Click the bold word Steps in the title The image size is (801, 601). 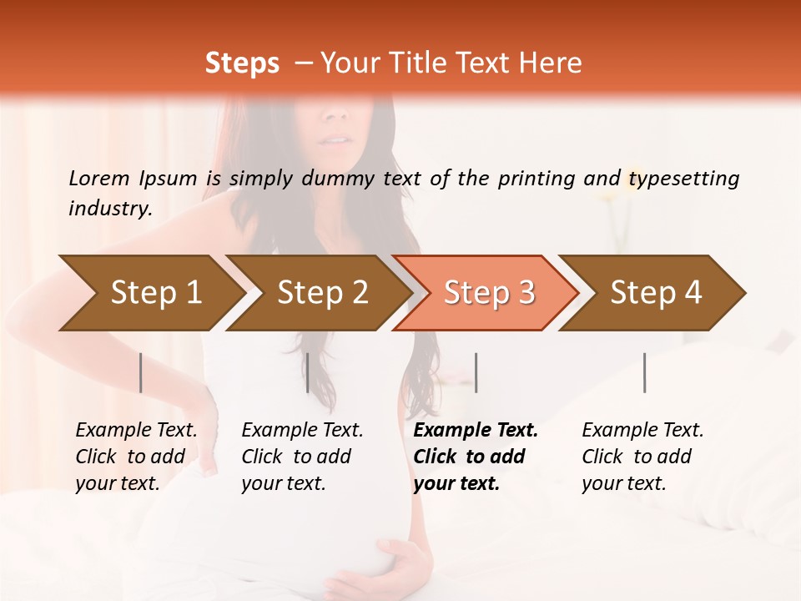click(x=242, y=63)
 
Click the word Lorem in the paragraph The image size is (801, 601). click(x=99, y=178)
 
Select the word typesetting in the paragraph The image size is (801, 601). click(x=683, y=178)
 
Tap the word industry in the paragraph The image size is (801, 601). click(x=110, y=209)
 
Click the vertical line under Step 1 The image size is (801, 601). click(x=140, y=372)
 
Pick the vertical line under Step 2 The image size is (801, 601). click(x=308, y=372)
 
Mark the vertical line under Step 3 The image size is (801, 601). click(x=476, y=372)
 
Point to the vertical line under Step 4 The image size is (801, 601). click(x=644, y=372)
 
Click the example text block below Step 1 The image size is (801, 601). click(x=136, y=457)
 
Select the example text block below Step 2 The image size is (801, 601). click(x=302, y=457)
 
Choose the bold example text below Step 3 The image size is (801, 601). click(x=476, y=457)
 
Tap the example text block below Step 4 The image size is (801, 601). click(x=642, y=457)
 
